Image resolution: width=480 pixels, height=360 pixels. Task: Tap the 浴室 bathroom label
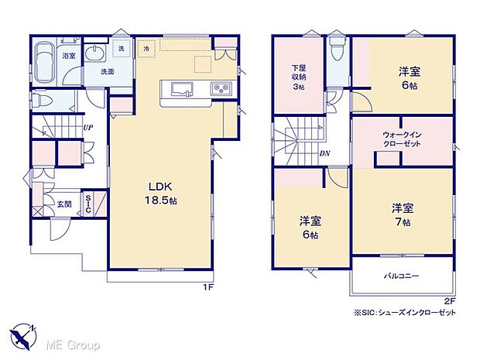pyautogui.click(x=68, y=55)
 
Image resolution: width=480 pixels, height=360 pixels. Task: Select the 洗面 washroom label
pyautogui.click(x=107, y=71)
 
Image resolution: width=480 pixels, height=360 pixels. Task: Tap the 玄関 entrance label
pyautogui.click(x=64, y=204)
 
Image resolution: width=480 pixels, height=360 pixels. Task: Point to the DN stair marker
pyautogui.click(x=326, y=153)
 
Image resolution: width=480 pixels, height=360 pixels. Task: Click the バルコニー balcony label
pyautogui.click(x=401, y=275)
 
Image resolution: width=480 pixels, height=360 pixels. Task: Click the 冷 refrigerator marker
pyautogui.click(x=147, y=49)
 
